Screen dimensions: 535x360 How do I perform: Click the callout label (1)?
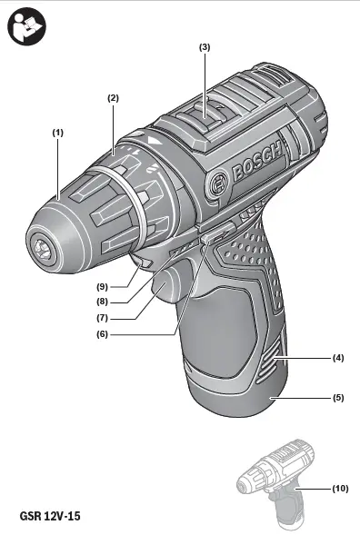(x=57, y=132)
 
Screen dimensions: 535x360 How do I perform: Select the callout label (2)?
(x=114, y=97)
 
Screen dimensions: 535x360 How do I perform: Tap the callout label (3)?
(x=205, y=45)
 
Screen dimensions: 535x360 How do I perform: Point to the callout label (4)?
(x=338, y=359)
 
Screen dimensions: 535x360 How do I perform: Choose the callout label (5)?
(x=338, y=397)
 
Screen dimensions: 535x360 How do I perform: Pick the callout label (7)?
(x=103, y=318)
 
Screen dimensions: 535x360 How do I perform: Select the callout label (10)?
(x=340, y=489)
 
